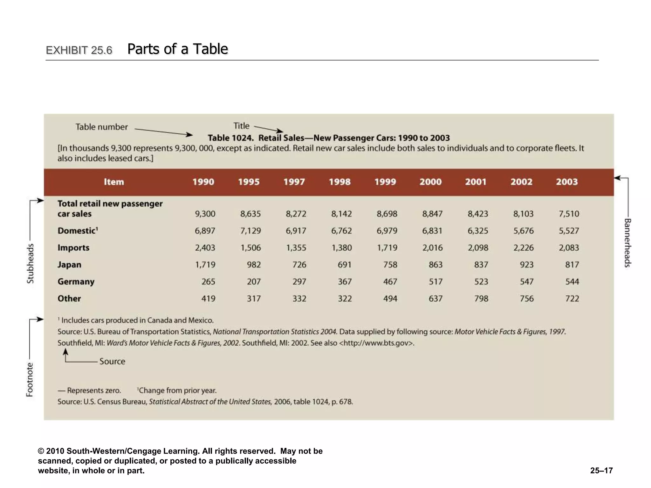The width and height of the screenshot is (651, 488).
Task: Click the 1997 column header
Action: coord(294,182)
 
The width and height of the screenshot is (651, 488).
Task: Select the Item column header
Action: coord(114,182)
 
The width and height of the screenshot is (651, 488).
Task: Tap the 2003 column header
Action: coord(566,182)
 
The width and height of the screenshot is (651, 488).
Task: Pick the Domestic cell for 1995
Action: coord(250,231)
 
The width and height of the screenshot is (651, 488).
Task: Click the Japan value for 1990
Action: coord(205,265)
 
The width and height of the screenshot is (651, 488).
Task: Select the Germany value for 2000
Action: coord(435,281)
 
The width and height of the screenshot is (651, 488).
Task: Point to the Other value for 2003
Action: coord(572,299)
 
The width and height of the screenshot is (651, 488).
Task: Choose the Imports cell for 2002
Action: coord(523,248)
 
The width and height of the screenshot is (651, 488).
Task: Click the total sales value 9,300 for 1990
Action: coord(205,214)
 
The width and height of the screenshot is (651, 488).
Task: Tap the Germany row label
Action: coord(76,281)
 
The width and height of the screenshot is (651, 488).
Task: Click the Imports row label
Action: coord(73,248)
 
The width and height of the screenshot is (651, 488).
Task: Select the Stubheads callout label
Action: coord(30,263)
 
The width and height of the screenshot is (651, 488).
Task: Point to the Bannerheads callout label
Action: coord(627,243)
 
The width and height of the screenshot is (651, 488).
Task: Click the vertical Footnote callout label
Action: coord(30,380)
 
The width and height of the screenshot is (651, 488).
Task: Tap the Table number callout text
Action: coord(101,127)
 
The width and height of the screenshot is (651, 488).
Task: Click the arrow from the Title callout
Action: coord(269,129)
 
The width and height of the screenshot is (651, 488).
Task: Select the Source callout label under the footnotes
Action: coord(112,361)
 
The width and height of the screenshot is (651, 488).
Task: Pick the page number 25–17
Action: coord(601,471)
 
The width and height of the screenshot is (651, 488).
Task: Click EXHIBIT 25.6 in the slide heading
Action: coord(79,50)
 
